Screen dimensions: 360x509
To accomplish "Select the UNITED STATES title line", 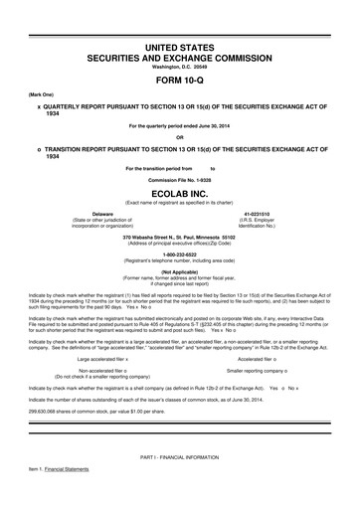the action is point(180,48).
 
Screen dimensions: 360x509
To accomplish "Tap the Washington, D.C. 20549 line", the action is point(180,68).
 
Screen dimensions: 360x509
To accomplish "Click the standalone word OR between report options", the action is point(179,135).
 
